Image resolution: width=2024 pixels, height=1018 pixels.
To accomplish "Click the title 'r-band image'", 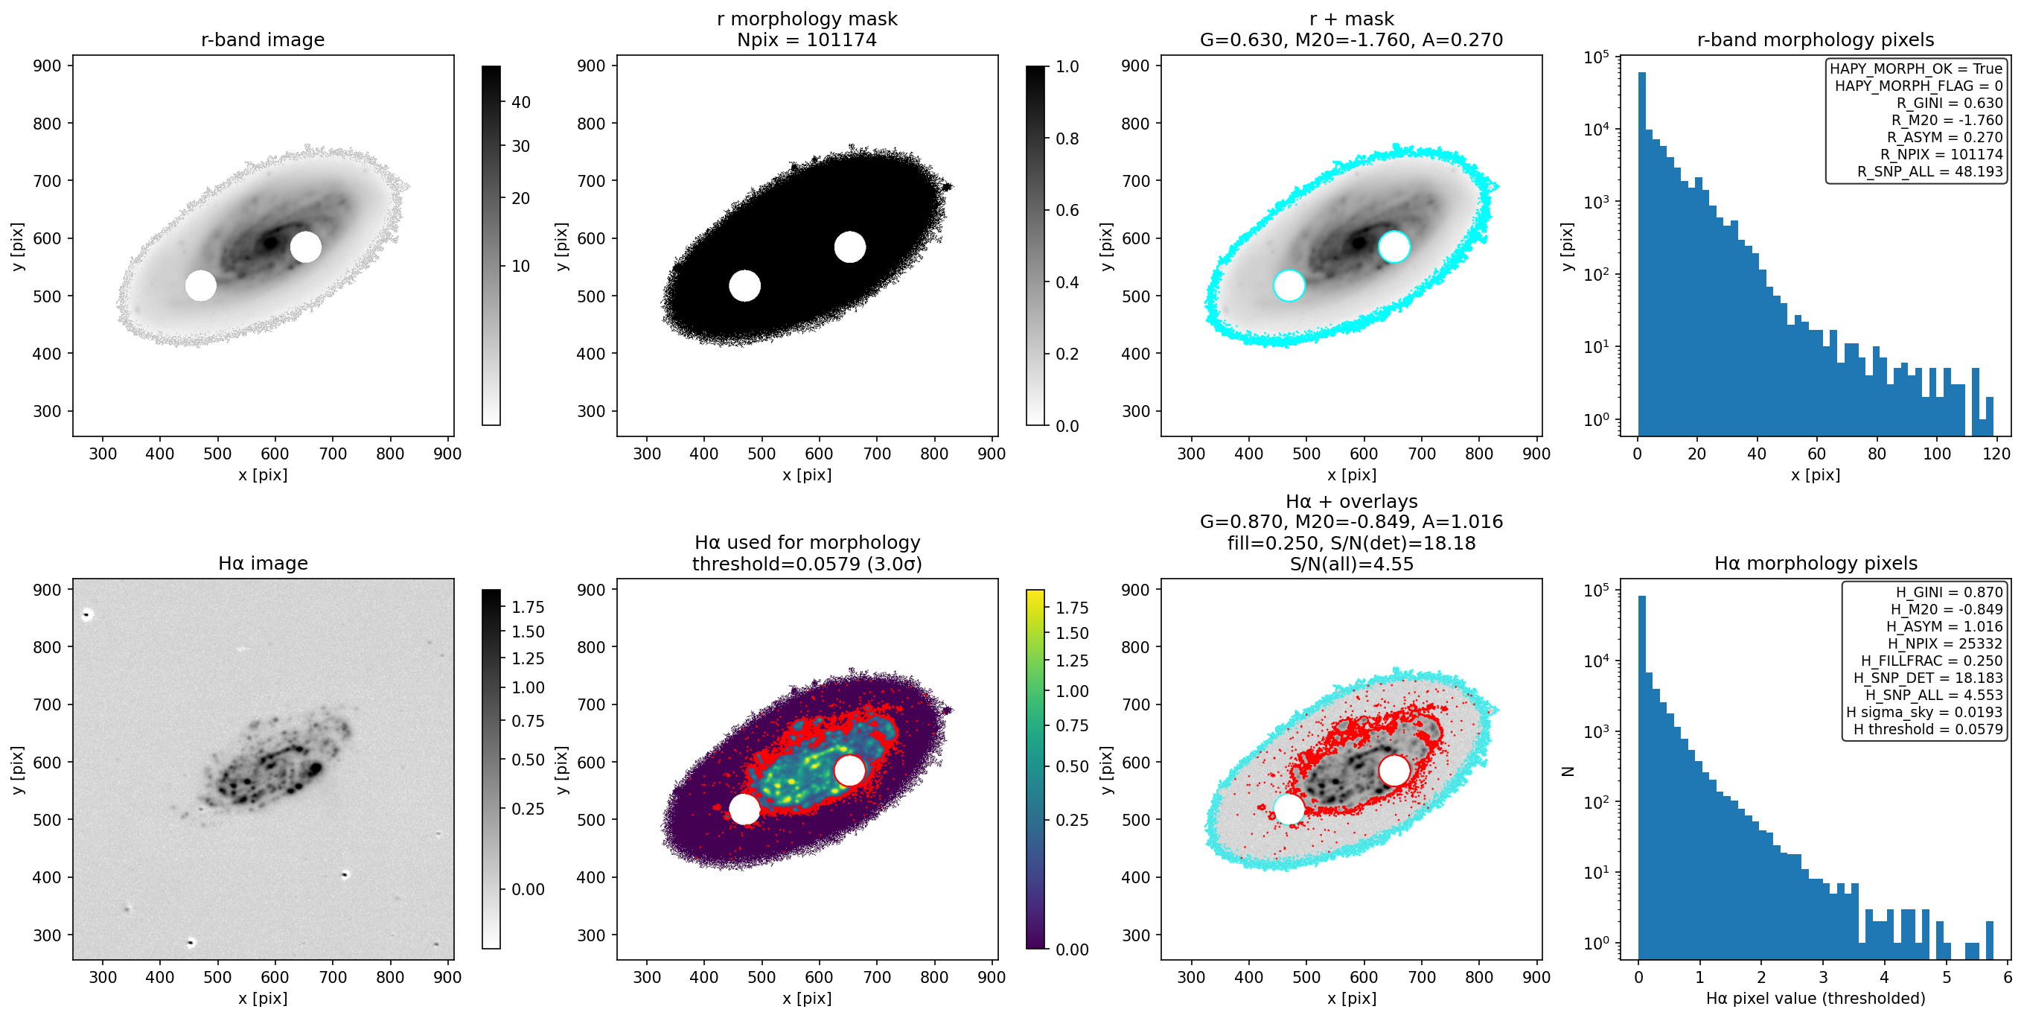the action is (x=263, y=39).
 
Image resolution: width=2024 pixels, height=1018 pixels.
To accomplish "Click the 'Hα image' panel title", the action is (x=263, y=563).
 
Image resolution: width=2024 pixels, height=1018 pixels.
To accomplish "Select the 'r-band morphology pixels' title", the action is (x=1815, y=39).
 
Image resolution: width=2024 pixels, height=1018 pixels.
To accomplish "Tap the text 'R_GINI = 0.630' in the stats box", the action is (x=1950, y=103).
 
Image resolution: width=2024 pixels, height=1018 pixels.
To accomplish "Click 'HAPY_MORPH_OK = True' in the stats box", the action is (x=1916, y=69).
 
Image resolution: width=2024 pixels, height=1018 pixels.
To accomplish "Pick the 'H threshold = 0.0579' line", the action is (x=1928, y=729).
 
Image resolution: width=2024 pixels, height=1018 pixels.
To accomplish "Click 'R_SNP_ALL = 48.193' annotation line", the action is (x=1929, y=171).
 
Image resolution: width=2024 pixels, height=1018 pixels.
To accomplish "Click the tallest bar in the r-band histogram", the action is (x=1642, y=254).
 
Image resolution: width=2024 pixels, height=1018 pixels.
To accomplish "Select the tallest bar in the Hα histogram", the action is (x=1642, y=777).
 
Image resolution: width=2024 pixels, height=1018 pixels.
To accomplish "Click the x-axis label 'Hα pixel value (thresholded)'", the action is (x=1815, y=999).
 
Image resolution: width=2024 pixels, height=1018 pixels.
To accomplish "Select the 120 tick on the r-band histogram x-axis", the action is (x=1996, y=454).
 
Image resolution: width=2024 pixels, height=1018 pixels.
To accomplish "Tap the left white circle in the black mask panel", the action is (x=744, y=285).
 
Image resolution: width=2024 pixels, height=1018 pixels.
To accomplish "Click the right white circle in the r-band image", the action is (x=306, y=246).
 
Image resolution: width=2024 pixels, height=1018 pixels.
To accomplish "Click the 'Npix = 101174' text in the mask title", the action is (x=806, y=39).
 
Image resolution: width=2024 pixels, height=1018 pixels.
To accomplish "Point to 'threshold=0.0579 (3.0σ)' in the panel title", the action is (x=807, y=564).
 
